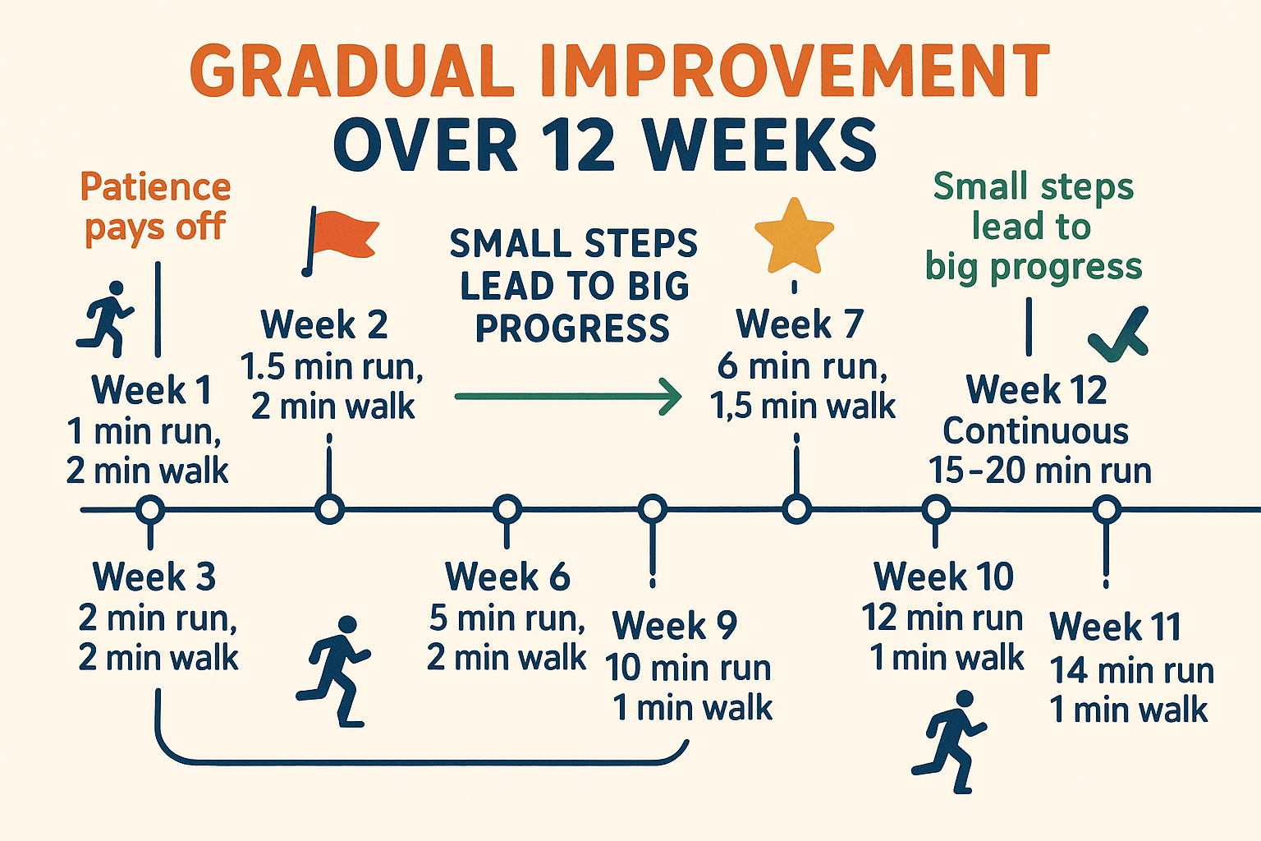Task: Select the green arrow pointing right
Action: [x=569, y=397]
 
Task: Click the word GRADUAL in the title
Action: [x=353, y=71]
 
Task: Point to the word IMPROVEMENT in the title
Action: [x=796, y=71]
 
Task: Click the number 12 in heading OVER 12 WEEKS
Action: [x=578, y=145]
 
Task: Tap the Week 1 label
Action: [x=151, y=389]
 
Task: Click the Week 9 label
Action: [x=674, y=625]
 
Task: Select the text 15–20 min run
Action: [x=1040, y=471]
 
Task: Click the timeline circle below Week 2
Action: [x=329, y=510]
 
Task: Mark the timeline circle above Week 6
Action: [x=507, y=510]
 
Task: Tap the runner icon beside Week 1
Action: [x=106, y=319]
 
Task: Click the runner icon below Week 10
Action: [x=949, y=742]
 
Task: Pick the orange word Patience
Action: [x=155, y=186]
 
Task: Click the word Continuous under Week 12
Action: [x=1036, y=431]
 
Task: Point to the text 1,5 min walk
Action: [x=802, y=406]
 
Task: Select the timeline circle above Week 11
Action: [x=1107, y=510]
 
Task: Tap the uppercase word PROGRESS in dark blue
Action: [x=572, y=329]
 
